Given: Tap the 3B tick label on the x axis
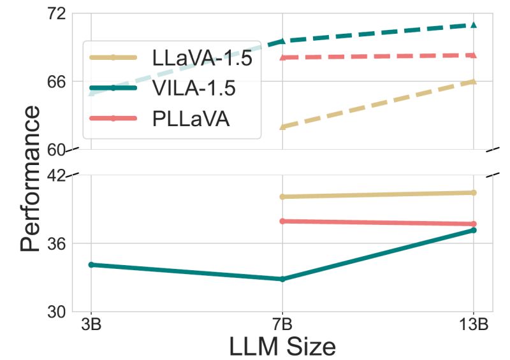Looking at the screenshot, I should point(91,324).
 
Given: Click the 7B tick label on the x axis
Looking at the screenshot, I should point(282,324).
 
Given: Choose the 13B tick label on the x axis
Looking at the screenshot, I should point(474,324).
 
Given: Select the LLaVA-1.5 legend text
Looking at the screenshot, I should point(203,58).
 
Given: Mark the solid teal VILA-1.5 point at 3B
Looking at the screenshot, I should point(91,264).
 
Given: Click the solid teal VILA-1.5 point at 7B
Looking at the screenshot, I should point(282,279).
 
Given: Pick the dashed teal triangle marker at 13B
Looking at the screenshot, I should point(474,25).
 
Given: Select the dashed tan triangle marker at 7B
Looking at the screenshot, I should point(282,127).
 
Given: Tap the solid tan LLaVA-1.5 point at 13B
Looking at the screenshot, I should point(474,192).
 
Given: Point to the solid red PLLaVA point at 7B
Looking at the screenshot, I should point(282,221).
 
